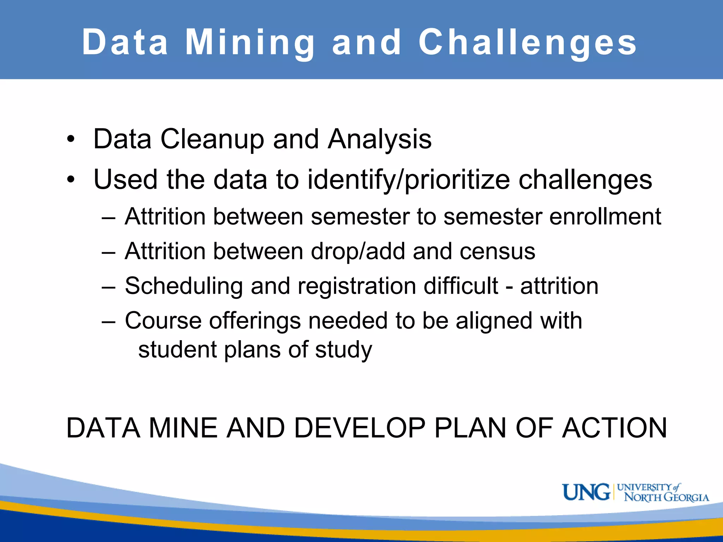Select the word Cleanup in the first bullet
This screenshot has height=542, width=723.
(212, 139)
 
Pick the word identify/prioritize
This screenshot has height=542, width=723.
(408, 180)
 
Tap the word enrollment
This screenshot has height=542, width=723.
(605, 216)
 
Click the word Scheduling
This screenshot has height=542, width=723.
(184, 286)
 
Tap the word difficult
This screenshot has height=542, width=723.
(461, 286)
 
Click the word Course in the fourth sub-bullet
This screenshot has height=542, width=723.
(163, 321)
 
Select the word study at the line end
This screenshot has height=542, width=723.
(343, 350)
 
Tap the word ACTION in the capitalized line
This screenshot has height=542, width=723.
(614, 428)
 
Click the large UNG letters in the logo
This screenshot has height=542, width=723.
(586, 492)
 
